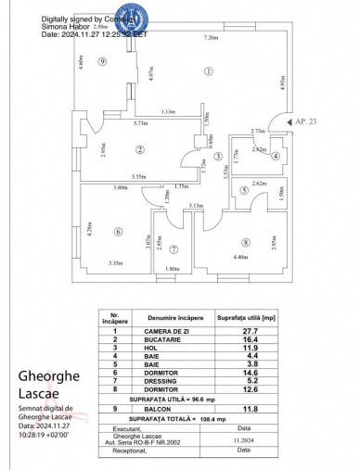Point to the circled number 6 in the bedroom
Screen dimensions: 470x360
[119, 232]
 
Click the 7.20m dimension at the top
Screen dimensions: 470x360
[211, 37]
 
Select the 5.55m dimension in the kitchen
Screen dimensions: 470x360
[139, 176]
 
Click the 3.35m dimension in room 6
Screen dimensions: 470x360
[116, 264]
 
